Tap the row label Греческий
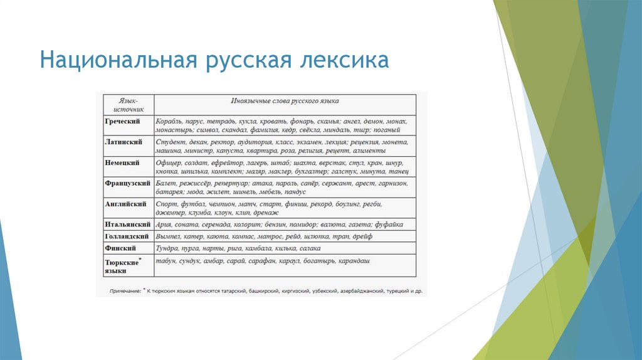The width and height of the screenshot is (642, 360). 122,120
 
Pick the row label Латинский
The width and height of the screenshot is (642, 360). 123,142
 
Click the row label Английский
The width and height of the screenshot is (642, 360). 125,204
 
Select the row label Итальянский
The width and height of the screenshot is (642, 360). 127,224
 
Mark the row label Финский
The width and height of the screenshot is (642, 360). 120,248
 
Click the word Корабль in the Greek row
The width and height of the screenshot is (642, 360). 171,121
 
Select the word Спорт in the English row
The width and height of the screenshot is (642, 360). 167,204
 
